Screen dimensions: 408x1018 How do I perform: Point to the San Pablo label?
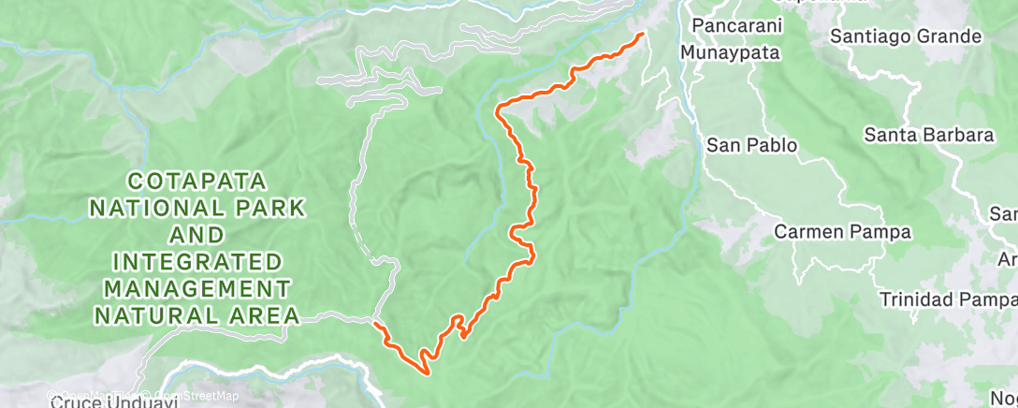(x=751, y=145)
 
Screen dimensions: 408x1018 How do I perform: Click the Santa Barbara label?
(x=928, y=135)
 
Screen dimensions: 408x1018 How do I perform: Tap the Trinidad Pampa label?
(x=947, y=299)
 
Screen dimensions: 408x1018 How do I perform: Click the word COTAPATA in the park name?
(x=198, y=180)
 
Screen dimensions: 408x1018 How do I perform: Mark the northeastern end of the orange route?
(x=642, y=35)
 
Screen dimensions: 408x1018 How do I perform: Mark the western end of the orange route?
(x=374, y=324)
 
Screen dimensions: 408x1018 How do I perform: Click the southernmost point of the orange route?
(x=428, y=374)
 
